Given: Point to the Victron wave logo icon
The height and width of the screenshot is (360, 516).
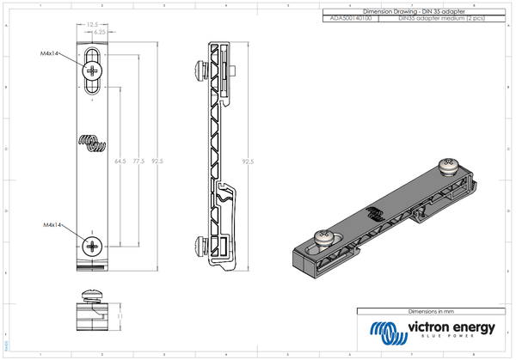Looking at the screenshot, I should tap(385, 331).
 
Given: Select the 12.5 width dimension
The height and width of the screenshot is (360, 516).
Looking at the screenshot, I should tap(92, 25).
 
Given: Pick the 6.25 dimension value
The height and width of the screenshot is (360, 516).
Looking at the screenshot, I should tap(100, 31).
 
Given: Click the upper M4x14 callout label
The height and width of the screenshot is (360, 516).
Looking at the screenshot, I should tap(54, 53).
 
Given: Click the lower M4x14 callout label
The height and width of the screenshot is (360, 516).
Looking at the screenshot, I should tap(54, 225).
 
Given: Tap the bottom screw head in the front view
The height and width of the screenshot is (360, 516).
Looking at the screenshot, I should tap(92, 247).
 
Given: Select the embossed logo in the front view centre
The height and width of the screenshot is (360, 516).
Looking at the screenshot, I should tap(92, 139).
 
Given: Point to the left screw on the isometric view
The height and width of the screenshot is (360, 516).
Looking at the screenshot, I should tap(325, 235).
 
